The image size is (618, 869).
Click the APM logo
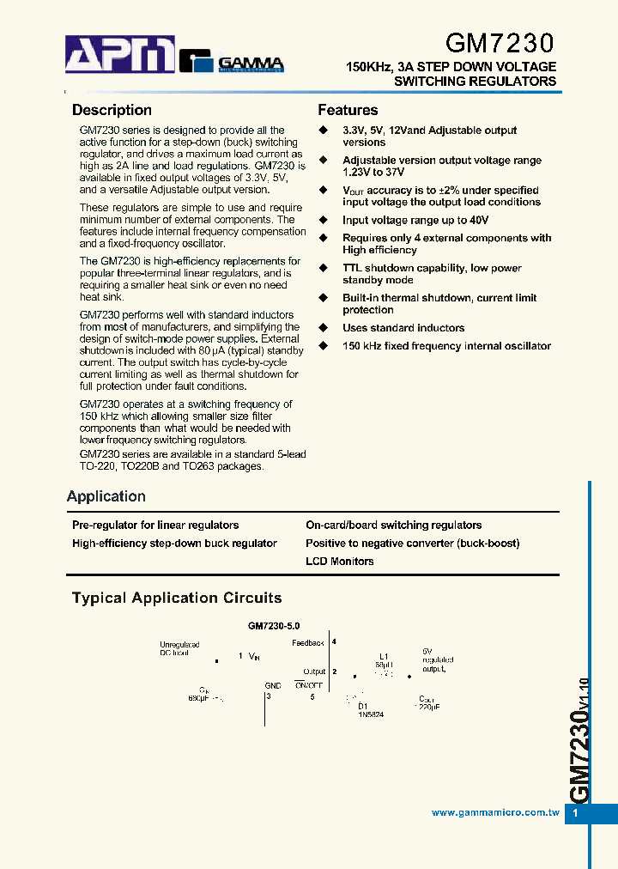pyautogui.click(x=120, y=55)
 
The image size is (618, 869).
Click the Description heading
pyautogui.click(x=112, y=110)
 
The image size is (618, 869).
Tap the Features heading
pyautogui.click(x=348, y=110)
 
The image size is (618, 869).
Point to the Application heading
pyautogui.click(x=106, y=496)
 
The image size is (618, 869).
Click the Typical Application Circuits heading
pyautogui.click(x=177, y=598)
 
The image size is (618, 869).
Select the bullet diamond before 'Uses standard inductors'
pyautogui.click(x=324, y=328)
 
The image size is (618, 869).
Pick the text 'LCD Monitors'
pyautogui.click(x=340, y=562)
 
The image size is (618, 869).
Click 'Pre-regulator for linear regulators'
pyautogui.click(x=155, y=526)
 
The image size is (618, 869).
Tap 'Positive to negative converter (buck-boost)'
pyautogui.click(x=412, y=544)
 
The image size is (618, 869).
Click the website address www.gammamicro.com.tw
pyautogui.click(x=495, y=812)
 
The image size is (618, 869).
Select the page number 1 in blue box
pyautogui.click(x=576, y=813)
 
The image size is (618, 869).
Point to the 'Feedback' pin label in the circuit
pyautogui.click(x=308, y=643)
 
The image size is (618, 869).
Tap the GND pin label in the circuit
pyautogui.click(x=273, y=686)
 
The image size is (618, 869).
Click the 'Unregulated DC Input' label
pyautogui.click(x=179, y=648)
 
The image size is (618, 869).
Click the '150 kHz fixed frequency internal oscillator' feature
pyautogui.click(x=446, y=346)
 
